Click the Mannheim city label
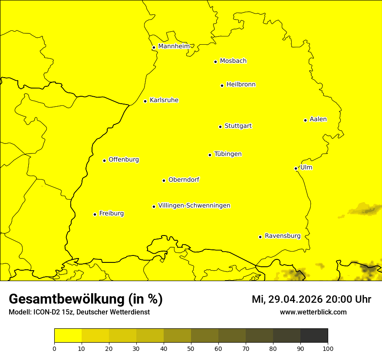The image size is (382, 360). click(x=174, y=46)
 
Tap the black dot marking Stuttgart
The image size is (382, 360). click(x=220, y=127)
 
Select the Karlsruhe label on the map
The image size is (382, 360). click(x=164, y=100)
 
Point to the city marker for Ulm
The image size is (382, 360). click(x=296, y=168)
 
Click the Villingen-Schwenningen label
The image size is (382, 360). click(x=194, y=206)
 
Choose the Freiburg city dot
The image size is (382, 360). click(x=95, y=214)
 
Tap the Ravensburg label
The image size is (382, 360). click(x=283, y=236)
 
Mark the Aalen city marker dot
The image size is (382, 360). click(x=305, y=120)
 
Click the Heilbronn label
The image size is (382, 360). click(x=241, y=85)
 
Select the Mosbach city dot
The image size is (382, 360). click(x=215, y=62)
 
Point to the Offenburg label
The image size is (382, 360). click(x=124, y=160)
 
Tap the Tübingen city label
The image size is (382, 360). click(x=228, y=154)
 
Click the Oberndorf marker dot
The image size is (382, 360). click(x=164, y=180)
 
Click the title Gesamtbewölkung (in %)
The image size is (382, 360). click(x=86, y=299)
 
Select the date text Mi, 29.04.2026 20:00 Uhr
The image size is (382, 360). click(x=311, y=299)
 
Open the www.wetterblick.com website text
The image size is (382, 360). click(x=313, y=312)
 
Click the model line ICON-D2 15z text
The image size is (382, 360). click(x=79, y=312)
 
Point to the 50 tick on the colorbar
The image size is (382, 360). click(x=191, y=348)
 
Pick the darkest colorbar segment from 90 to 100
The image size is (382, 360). click(x=314, y=336)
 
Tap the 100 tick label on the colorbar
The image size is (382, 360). click(x=328, y=348)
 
